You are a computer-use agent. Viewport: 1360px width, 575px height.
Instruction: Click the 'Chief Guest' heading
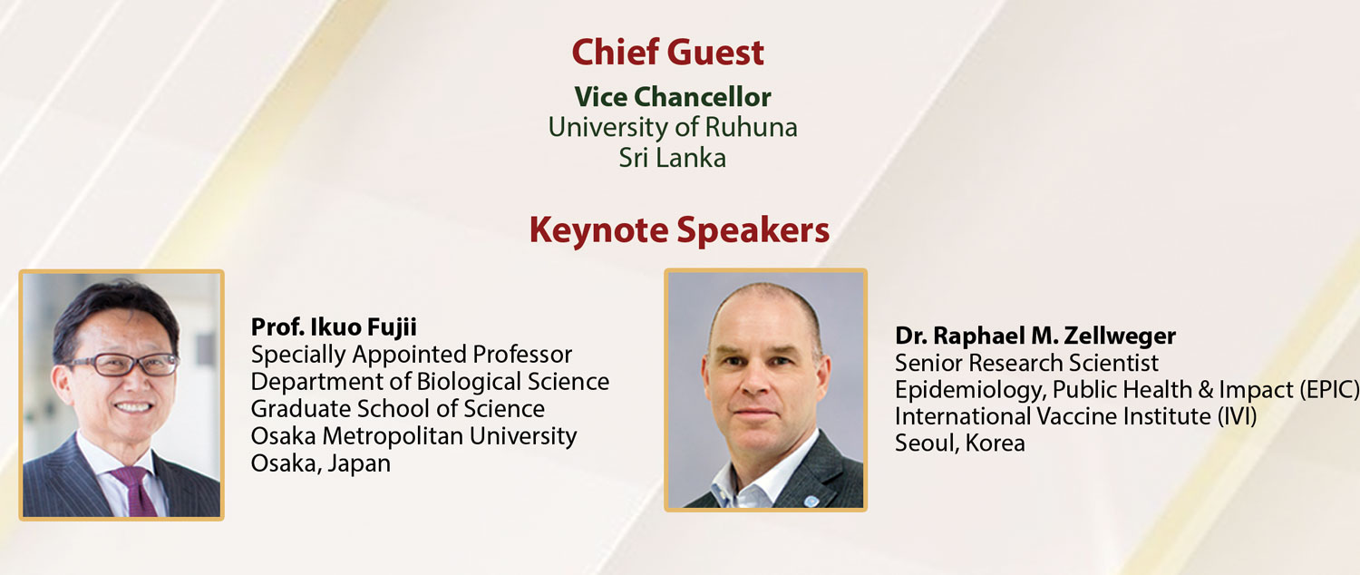(667, 53)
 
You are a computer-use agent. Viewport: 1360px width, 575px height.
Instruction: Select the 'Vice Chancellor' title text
(673, 97)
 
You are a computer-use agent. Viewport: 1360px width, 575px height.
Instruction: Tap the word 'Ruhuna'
(751, 128)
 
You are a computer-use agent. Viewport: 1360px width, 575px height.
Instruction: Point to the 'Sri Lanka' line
(672, 158)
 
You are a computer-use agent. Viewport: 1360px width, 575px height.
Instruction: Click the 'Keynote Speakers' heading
(679, 230)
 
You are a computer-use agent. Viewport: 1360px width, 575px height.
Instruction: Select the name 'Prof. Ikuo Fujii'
(334, 327)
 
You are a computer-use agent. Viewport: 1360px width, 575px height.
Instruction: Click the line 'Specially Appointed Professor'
(411, 355)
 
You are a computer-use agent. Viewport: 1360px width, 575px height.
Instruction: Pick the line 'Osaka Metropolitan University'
(413, 436)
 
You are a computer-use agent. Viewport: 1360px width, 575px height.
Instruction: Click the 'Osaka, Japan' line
(321, 463)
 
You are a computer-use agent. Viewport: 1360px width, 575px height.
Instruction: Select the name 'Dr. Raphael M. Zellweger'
(1035, 336)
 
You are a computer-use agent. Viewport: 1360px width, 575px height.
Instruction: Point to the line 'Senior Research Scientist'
(1026, 363)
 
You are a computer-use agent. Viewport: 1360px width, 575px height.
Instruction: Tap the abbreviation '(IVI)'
(1237, 416)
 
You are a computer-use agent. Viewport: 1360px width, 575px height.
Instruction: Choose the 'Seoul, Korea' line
(960, 443)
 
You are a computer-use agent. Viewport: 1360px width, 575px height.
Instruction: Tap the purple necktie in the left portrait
(137, 491)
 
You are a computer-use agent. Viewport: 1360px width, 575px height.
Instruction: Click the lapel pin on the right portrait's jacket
(811, 501)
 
